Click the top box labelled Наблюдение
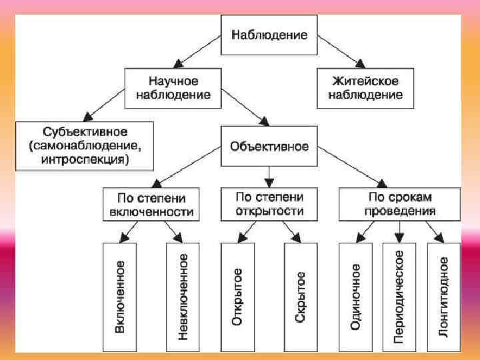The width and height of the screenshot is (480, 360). coord(269,34)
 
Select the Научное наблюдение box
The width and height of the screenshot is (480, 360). coord(173,87)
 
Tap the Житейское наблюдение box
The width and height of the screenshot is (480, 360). coord(365,87)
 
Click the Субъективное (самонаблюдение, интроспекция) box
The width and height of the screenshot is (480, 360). coord(85,145)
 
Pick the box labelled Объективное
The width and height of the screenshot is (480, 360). coord(269,146)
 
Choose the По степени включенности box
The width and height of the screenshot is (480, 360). coord(151,205)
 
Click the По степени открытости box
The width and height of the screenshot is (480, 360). coord(269,204)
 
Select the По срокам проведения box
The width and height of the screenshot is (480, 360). coord(399,204)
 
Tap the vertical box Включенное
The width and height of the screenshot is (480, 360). coord(119,297)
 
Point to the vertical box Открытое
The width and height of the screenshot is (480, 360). coord(237,297)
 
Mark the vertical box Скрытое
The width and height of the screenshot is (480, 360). coord(301,297)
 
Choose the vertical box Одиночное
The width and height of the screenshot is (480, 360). coord(355,297)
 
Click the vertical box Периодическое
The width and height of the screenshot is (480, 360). coord(399,297)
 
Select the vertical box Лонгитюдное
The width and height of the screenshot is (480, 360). coord(443,297)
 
